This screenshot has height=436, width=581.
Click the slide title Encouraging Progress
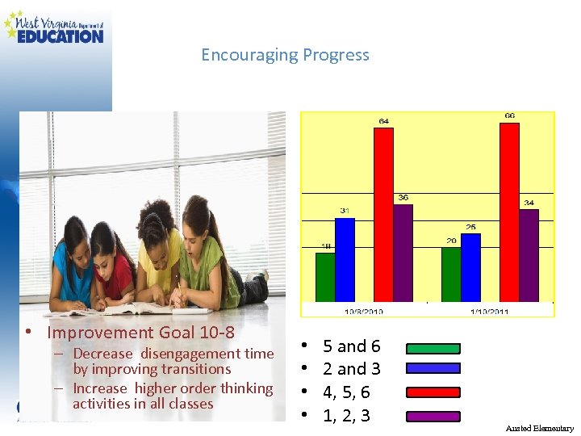point(285,55)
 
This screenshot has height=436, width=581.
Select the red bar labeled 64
point(383,214)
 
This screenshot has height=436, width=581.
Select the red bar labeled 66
point(509,212)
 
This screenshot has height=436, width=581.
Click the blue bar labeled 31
point(345,258)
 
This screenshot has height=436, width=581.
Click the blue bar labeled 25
point(470,266)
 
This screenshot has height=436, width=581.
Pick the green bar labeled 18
point(324,276)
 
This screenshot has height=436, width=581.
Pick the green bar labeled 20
point(450,274)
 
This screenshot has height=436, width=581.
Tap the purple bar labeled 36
point(403,252)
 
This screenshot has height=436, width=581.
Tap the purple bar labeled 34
point(529,254)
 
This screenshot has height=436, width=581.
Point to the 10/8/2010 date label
point(364,310)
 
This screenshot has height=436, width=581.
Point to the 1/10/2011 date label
point(490,310)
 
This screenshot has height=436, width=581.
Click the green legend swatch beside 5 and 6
point(433,349)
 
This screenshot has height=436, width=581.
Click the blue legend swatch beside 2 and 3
point(433,368)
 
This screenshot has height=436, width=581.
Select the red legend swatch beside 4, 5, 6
point(433,393)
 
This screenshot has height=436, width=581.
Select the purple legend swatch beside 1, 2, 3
point(433,417)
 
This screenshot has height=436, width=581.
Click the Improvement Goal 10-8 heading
point(140,332)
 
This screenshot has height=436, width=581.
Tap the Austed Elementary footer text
point(539,428)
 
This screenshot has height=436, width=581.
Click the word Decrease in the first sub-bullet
point(102,354)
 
